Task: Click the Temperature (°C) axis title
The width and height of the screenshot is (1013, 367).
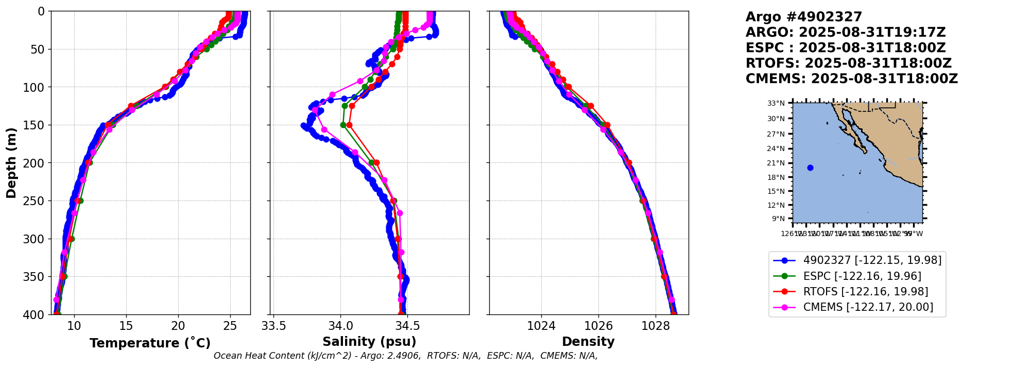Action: pyautogui.click(x=150, y=343)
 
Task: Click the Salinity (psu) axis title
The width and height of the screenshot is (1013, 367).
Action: pyautogui.click(x=369, y=342)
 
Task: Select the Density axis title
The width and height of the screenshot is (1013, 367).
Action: pyautogui.click(x=588, y=342)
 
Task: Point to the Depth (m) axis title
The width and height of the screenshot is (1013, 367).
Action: pyautogui.click(x=11, y=163)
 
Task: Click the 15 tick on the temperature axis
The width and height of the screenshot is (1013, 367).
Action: pyautogui.click(x=126, y=326)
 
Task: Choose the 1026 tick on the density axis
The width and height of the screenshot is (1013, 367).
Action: pyautogui.click(x=598, y=326)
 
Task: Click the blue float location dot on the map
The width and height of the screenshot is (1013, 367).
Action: pyautogui.click(x=810, y=168)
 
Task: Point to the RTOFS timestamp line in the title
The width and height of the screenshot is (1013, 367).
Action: pyautogui.click(x=848, y=63)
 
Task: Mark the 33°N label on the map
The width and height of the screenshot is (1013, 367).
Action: pyautogui.click(x=776, y=104)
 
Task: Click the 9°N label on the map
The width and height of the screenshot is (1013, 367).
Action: pyautogui.click(x=778, y=219)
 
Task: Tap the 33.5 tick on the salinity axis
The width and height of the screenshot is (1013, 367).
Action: pyautogui.click(x=274, y=326)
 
